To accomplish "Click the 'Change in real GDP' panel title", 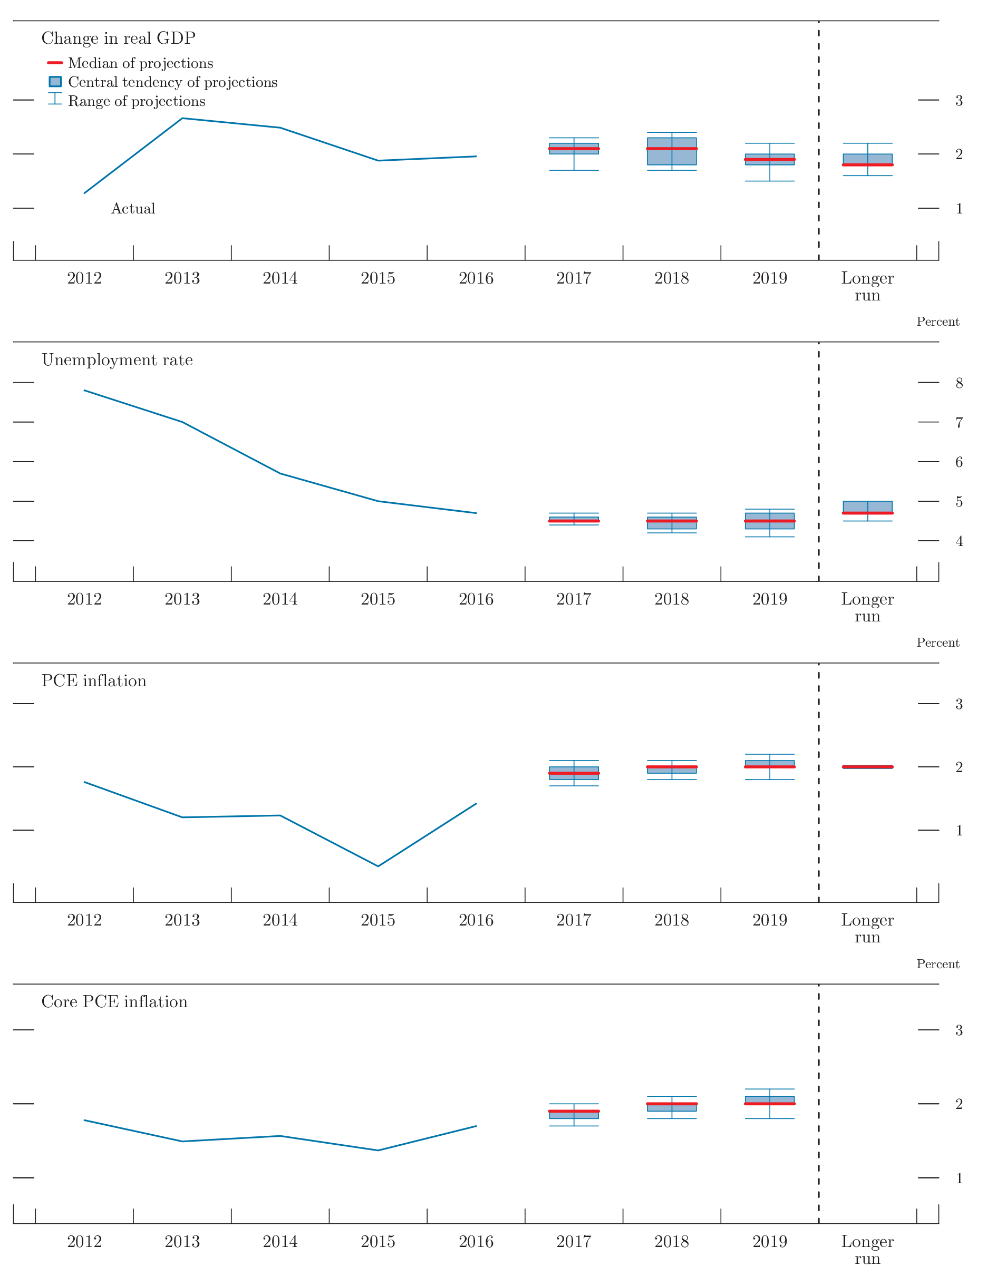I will click(118, 38).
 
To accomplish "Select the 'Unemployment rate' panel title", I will click(117, 360).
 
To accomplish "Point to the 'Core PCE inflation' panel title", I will click(114, 1001).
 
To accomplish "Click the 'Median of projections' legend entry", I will click(140, 63).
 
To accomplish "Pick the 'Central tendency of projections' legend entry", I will click(172, 82).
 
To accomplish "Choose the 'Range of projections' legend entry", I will click(136, 101).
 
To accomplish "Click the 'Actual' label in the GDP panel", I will click(133, 209).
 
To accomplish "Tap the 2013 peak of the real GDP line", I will click(182, 119).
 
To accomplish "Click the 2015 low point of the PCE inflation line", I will click(378, 866).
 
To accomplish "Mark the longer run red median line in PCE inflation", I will click(867, 766).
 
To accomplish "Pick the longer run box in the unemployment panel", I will click(867, 507).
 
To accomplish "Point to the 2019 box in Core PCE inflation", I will click(770, 1100).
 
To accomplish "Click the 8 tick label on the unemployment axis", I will click(959, 383).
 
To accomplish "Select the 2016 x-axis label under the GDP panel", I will click(476, 278).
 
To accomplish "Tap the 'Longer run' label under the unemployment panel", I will click(867, 608).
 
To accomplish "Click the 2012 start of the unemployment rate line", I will click(85, 390).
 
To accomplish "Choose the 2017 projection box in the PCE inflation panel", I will click(574, 773).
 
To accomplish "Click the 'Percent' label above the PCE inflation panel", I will click(937, 642).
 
